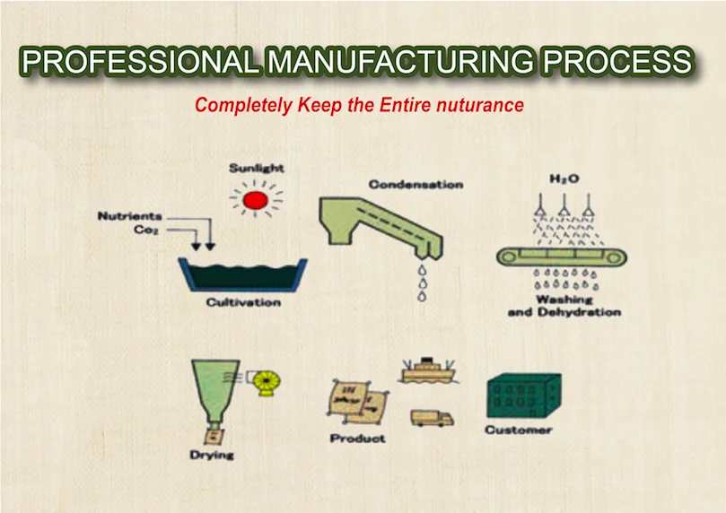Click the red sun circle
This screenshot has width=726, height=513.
tap(256, 200)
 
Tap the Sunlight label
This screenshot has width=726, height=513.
tap(257, 169)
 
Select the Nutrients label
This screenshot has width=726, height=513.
tap(129, 216)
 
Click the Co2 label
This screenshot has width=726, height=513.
tap(146, 230)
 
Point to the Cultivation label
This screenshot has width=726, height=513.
tap(243, 302)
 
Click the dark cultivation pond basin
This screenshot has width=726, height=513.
tap(243, 274)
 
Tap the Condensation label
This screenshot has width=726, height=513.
tap(415, 185)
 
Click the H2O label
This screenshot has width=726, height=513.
tap(564, 179)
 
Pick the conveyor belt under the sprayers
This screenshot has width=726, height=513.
tap(562, 256)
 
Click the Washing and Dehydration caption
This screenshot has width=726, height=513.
tap(564, 306)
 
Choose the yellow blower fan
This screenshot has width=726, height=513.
tap(267, 384)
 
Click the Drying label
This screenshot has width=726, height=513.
tap(212, 456)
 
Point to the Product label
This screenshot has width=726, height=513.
tap(357, 439)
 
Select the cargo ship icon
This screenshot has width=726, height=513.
tap(428, 370)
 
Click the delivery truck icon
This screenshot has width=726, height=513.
tap(432, 418)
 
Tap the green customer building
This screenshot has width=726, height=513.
tap(524, 396)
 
